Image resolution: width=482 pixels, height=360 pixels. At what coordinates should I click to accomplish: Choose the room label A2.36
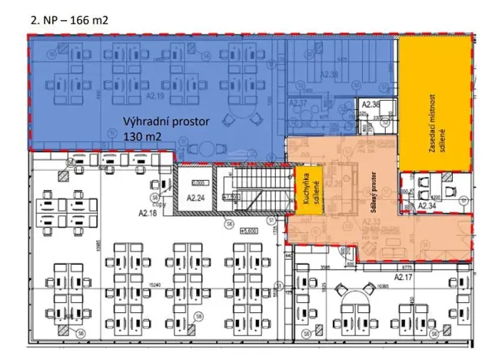click(371, 104)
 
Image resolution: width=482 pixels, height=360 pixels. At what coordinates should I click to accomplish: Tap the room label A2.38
click(328, 75)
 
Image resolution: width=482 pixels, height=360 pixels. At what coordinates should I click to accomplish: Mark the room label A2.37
click(298, 102)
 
